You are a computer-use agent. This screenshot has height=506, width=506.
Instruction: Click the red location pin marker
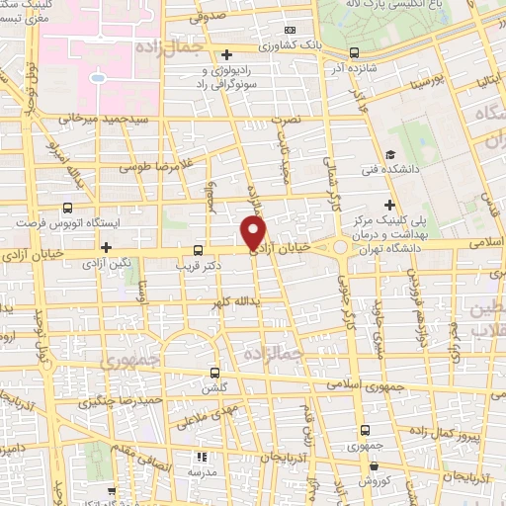(x=255, y=233)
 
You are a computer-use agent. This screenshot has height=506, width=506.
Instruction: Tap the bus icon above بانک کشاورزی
(x=289, y=31)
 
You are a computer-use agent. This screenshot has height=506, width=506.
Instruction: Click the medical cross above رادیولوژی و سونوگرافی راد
(x=226, y=53)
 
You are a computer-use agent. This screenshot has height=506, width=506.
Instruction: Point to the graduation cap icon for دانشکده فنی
(x=391, y=154)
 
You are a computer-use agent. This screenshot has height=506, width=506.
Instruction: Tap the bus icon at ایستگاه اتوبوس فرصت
(x=67, y=208)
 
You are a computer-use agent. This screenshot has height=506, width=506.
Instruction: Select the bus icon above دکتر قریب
(x=198, y=249)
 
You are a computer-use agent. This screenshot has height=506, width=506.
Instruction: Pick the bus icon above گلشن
(x=216, y=373)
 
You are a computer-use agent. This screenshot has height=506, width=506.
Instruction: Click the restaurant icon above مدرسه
(x=201, y=457)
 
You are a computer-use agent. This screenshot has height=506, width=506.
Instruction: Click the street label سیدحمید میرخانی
(x=96, y=118)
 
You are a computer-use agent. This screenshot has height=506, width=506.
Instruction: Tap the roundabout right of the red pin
(x=341, y=245)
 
